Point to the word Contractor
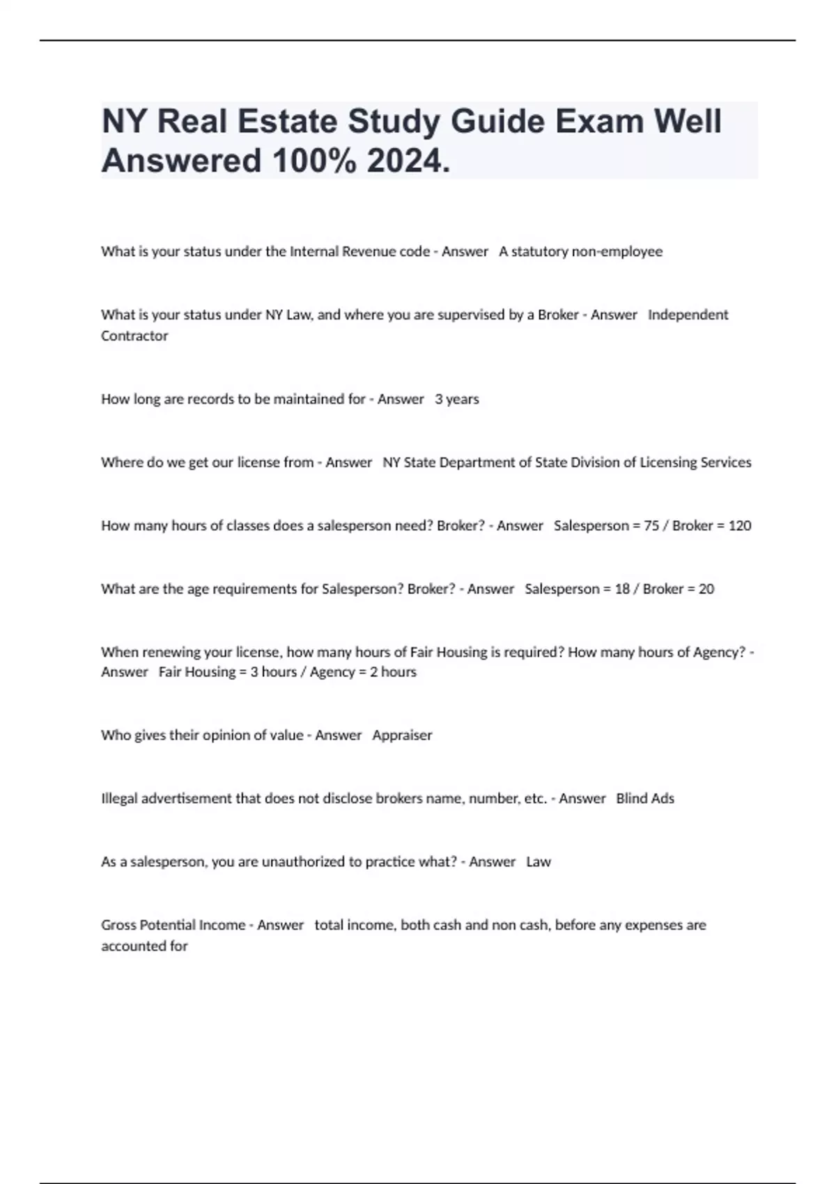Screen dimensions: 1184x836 pos(134,336)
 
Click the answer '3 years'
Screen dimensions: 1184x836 pos(457,399)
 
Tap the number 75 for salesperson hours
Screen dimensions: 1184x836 pos(651,526)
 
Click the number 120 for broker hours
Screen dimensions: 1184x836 pos(740,526)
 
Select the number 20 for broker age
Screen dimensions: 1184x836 pos(706,589)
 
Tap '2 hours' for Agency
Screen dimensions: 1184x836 pos(393,672)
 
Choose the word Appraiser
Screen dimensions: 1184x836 pos(402,735)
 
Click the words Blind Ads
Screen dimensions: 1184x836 pos(645,799)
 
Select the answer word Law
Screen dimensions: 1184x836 pos(539,862)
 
